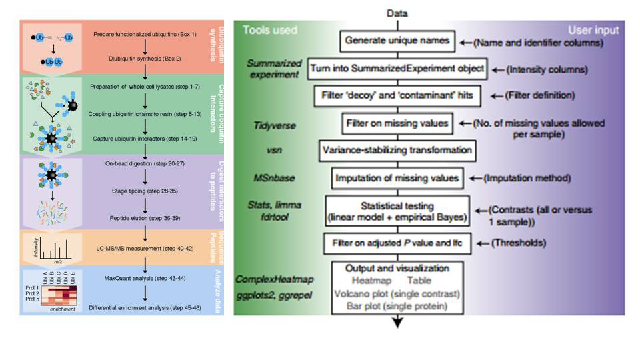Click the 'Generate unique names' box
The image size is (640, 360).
(399, 41)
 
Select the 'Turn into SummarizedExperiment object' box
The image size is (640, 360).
(397, 68)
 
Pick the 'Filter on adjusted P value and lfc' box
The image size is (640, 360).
(397, 243)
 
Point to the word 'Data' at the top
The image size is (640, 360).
(399, 13)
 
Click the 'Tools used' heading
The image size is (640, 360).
(269, 30)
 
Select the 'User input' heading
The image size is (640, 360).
(593, 30)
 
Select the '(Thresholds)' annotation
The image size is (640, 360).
(513, 243)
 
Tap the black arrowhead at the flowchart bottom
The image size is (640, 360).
(398, 322)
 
